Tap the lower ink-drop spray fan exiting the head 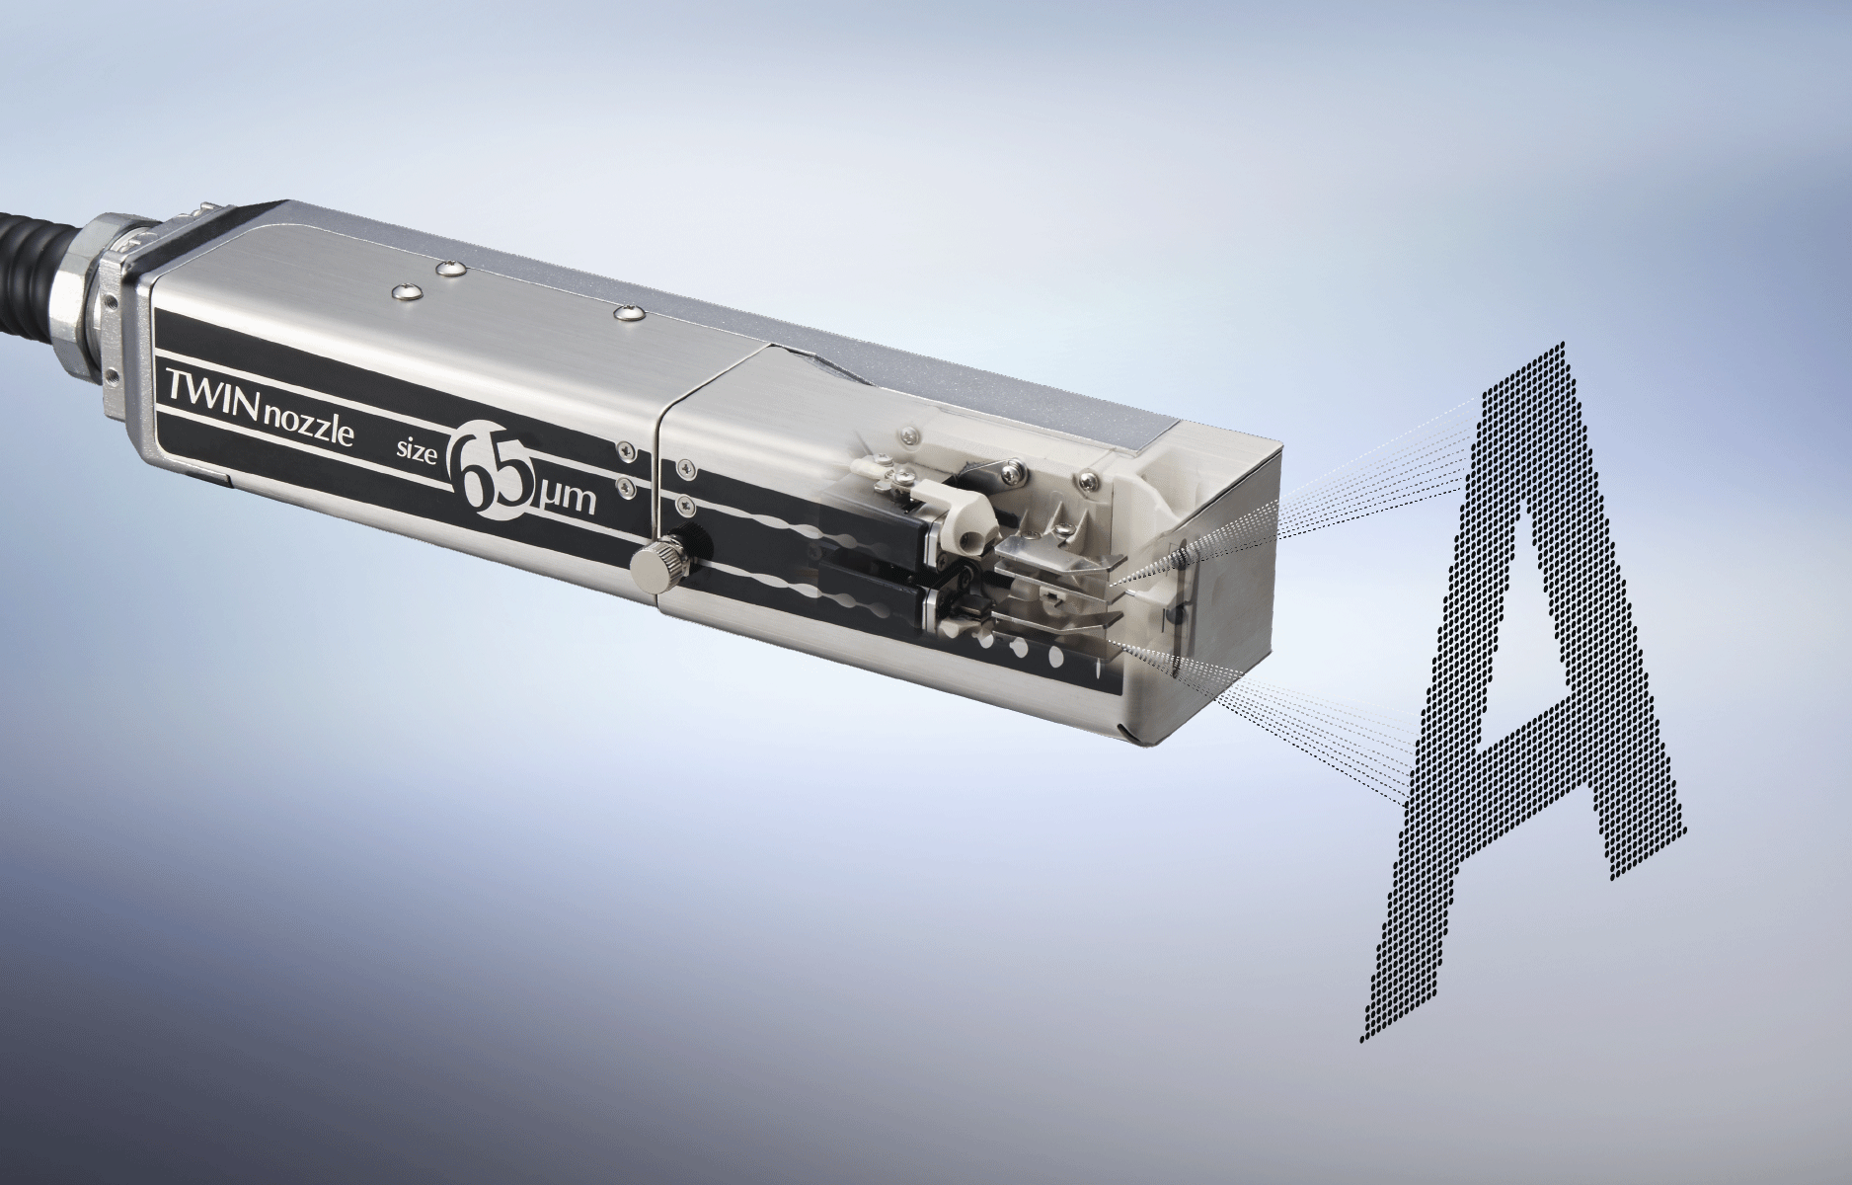click(1323, 731)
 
